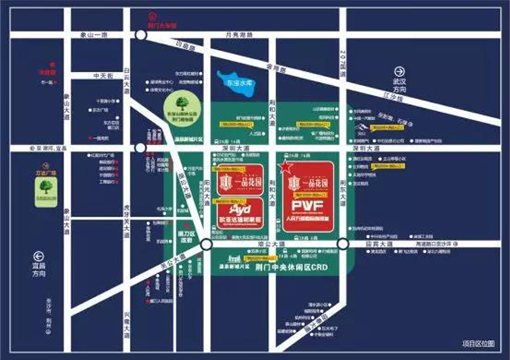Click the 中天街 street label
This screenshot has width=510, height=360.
click(101, 75)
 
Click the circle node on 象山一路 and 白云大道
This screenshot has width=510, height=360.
click(140, 35)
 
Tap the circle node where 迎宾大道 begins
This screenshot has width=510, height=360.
click(343, 244)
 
